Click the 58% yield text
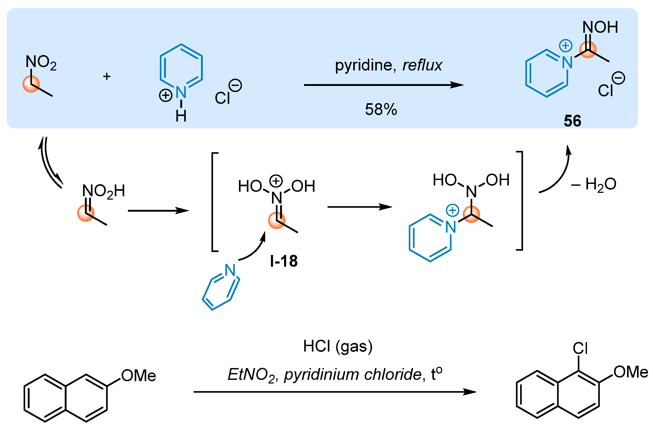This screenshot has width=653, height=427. click(381, 110)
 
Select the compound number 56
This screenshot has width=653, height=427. click(572, 121)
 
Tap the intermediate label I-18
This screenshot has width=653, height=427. click(284, 261)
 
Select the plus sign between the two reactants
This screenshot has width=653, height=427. click(107, 76)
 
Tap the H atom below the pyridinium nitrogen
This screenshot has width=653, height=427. click(181, 116)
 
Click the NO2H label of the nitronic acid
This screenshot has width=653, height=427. click(104, 191)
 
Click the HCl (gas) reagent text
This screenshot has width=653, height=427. click(338, 346)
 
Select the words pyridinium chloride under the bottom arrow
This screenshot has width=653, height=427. click(352, 375)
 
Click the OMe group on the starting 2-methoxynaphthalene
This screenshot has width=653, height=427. click(139, 376)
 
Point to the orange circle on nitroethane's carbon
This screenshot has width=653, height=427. click(31, 84)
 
